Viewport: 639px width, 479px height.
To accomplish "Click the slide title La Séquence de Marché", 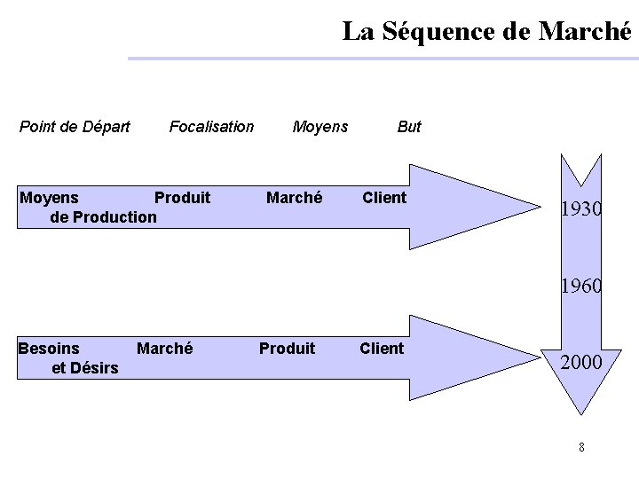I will pyautogui.click(x=488, y=32).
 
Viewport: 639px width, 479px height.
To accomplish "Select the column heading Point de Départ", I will pyautogui.click(x=75, y=127).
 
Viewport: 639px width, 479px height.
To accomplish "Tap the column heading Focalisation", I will pyautogui.click(x=211, y=127).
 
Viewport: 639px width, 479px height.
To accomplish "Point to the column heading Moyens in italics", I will pyautogui.click(x=320, y=127).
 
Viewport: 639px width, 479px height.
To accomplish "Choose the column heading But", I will pyautogui.click(x=409, y=127).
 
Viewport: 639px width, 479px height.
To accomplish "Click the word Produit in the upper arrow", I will pyautogui.click(x=182, y=198).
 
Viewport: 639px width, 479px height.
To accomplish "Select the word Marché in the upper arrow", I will pyautogui.click(x=294, y=198).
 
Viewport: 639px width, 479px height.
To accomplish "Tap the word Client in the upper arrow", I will pyautogui.click(x=384, y=198).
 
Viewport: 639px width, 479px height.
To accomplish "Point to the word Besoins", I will pyautogui.click(x=49, y=349).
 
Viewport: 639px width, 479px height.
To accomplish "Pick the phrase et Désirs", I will pyautogui.click(x=85, y=368).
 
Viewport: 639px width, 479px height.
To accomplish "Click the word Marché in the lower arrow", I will pyautogui.click(x=164, y=349).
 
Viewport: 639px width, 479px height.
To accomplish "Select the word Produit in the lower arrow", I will pyautogui.click(x=287, y=349).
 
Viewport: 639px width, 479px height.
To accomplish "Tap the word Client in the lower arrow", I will pyautogui.click(x=382, y=349).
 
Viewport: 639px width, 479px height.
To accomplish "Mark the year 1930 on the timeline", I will pyautogui.click(x=581, y=210).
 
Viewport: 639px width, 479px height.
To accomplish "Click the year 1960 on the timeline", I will pyautogui.click(x=581, y=287).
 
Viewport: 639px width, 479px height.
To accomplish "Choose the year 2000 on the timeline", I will pyautogui.click(x=581, y=362).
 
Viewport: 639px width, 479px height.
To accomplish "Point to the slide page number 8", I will pyautogui.click(x=581, y=447).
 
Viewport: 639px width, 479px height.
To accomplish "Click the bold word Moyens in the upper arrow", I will pyautogui.click(x=49, y=198).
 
